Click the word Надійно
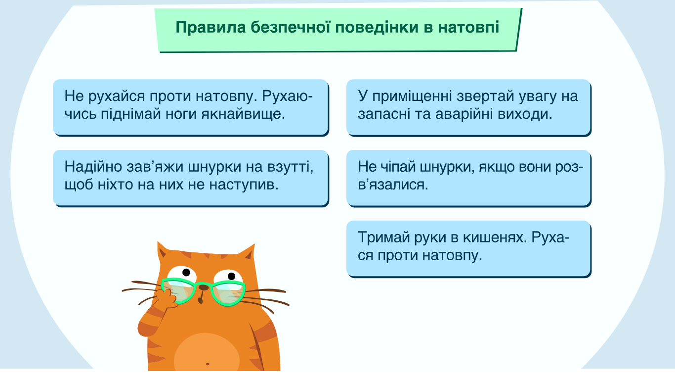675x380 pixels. (93, 167)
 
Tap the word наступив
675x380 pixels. (244, 185)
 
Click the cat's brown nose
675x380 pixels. (204, 287)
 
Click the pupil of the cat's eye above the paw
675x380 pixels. (186, 272)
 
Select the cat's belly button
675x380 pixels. (208, 364)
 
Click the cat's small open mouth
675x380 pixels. (200, 300)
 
